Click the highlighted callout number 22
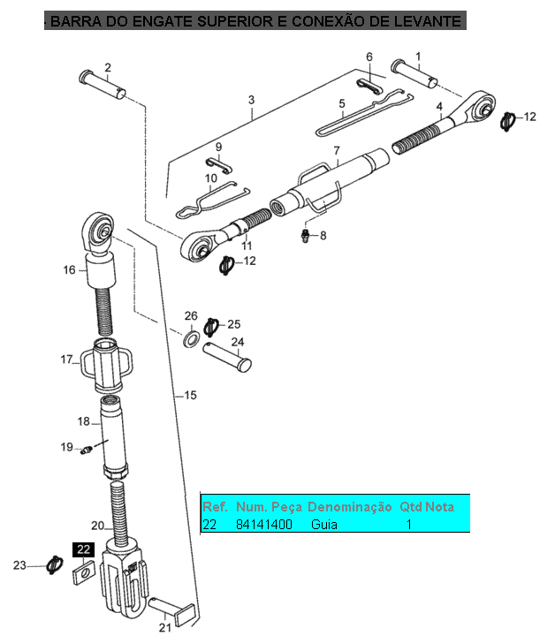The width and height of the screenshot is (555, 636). coord(84,549)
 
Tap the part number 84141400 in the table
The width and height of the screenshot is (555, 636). coord(263,525)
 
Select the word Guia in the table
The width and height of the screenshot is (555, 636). coord(323,525)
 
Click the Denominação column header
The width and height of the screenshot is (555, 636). coord(350,507)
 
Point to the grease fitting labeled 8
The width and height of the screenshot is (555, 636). coord(306,235)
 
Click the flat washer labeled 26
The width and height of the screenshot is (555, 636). coord(191,338)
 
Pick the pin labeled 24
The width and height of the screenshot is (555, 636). coord(227,358)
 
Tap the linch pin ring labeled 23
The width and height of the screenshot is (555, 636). coord(55,564)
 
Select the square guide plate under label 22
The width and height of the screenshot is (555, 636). coord(83,572)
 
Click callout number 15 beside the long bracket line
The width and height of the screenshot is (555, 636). coord(190,395)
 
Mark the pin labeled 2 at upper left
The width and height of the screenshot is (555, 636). coord(103,85)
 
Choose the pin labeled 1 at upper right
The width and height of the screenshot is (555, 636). coord(414,73)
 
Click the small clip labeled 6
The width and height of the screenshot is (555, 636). coord(369,86)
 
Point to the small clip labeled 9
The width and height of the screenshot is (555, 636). coord(218,164)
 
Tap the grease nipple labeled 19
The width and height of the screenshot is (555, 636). coord(87,450)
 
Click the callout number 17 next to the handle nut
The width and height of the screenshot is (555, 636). coord(66,360)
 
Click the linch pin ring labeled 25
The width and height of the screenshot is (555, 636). coord(211,327)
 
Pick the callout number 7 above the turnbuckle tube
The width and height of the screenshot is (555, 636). coord(337,151)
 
